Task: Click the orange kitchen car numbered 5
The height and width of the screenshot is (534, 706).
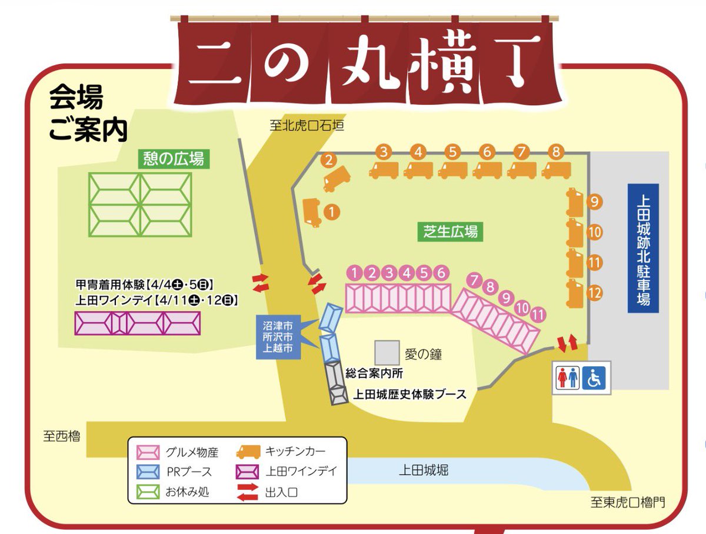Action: tap(453, 170)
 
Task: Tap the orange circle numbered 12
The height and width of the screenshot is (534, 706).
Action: tap(595, 292)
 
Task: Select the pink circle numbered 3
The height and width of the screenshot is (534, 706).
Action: tap(389, 272)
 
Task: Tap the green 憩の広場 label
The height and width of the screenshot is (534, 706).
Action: tap(174, 158)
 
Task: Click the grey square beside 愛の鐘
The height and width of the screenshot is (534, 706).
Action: tap(387, 352)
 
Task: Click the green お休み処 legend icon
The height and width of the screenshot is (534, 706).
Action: tap(148, 490)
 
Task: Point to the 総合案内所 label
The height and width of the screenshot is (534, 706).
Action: tap(374, 372)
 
